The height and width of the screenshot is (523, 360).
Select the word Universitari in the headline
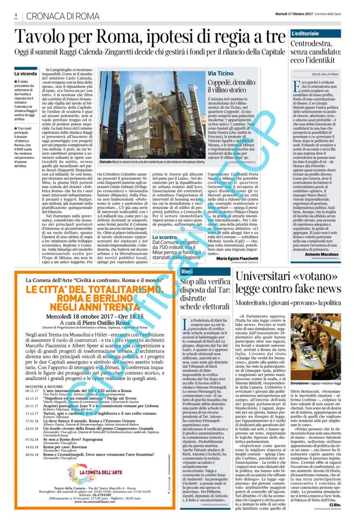click(x=265, y=277)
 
